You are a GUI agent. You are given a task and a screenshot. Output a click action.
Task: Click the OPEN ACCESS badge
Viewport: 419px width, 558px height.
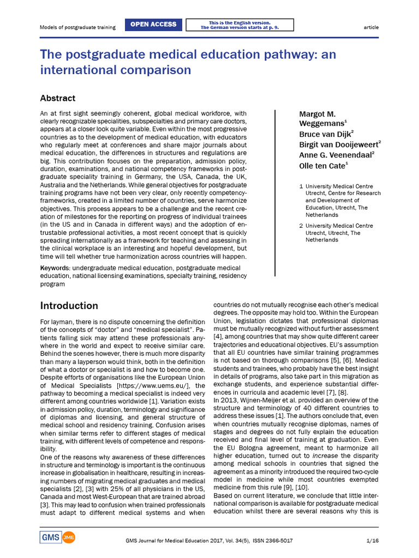pyautogui.click(x=155, y=25)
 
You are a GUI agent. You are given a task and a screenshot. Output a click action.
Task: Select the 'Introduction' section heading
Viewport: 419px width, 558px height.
pyautogui.click(x=69, y=305)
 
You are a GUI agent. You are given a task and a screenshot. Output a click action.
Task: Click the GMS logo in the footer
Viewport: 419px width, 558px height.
pyautogui.click(x=50, y=537)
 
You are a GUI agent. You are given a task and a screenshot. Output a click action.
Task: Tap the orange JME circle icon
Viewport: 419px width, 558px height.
pyautogui.click(x=69, y=537)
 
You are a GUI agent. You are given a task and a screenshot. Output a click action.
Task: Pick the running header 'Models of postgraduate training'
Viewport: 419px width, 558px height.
pyautogui.click(x=78, y=27)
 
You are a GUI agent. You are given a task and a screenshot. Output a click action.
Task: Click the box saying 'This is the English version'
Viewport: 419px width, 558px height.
pyautogui.click(x=240, y=25)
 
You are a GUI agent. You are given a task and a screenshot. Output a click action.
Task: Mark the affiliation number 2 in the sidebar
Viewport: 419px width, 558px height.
pyautogui.click(x=301, y=226)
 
